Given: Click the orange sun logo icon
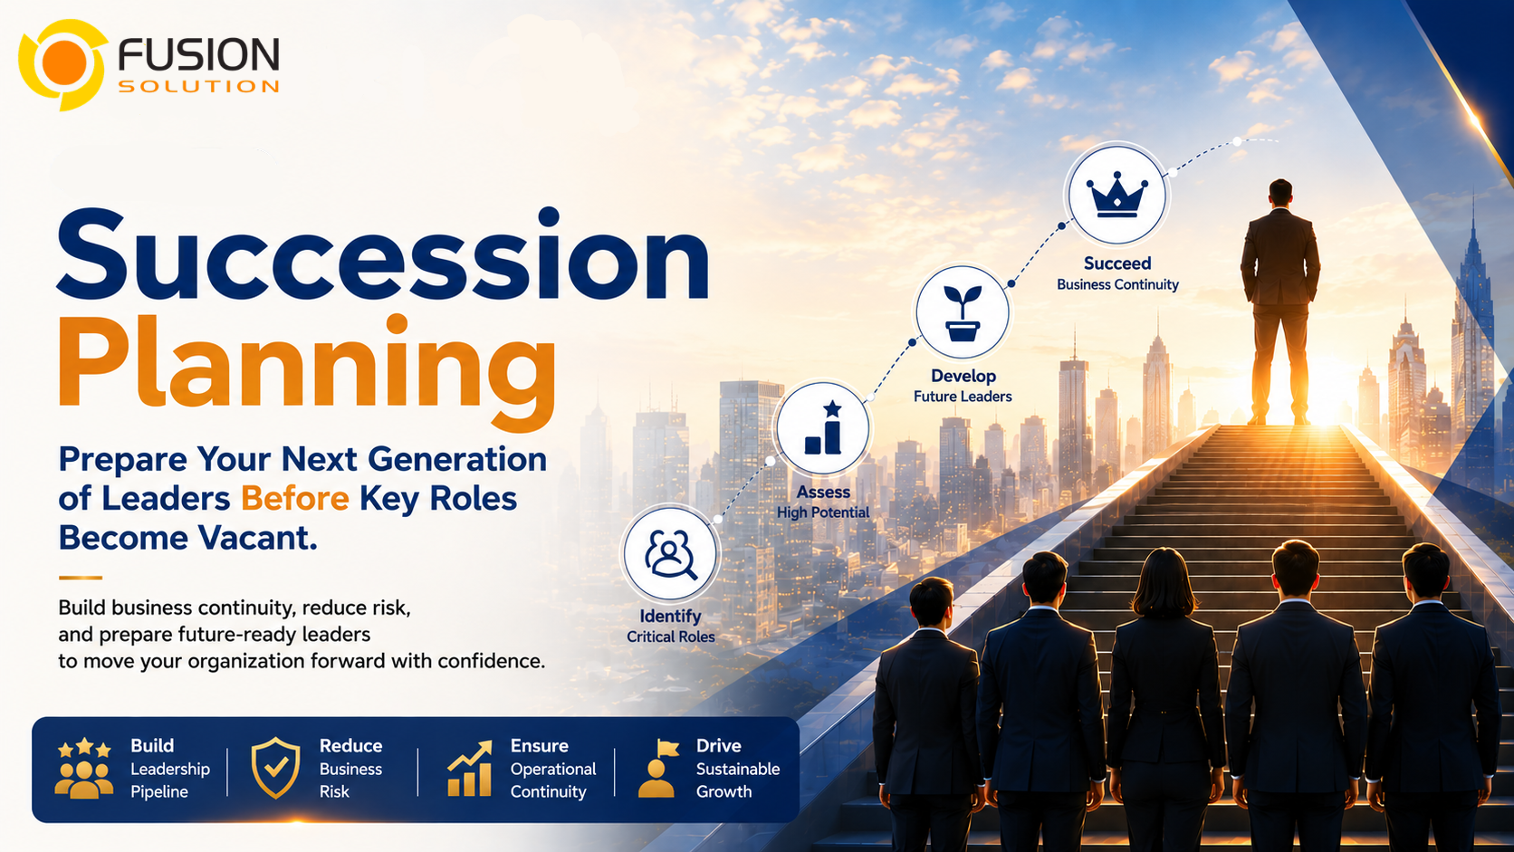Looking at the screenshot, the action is pos(62,64).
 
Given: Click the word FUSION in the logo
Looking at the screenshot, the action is pos(198,54).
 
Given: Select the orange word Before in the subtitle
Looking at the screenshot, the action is pos(294,499).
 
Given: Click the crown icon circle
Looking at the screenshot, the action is pos(1117,195).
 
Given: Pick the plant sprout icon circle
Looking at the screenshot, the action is pos(963,312).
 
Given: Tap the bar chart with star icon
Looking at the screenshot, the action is pos(823,428).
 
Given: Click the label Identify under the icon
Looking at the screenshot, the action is pos(670,617).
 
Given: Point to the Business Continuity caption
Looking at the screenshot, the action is pos(1117,284).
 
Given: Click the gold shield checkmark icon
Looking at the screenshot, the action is pos(275,768).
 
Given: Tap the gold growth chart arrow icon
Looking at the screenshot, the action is pos(470,769).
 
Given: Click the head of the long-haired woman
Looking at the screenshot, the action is pos(1164,583).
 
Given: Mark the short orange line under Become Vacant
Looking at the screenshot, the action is pos(81,578).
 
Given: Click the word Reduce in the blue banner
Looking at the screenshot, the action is pos(350,746).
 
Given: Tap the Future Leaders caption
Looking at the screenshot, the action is pos(963,397).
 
